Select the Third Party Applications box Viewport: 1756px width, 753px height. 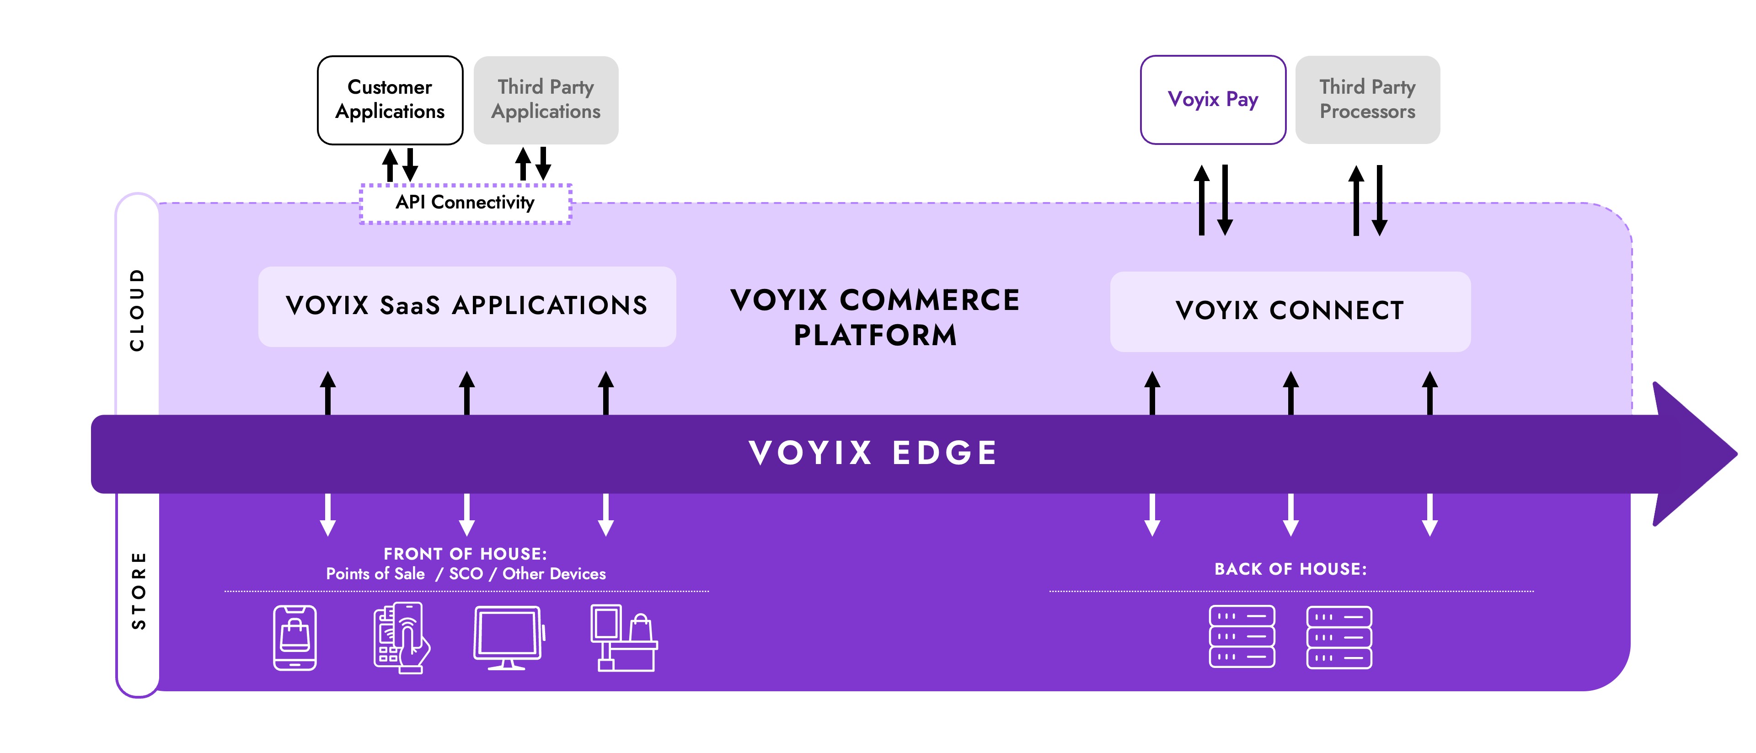tap(546, 100)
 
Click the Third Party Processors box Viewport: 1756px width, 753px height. tap(1367, 100)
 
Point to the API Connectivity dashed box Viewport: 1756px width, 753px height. tap(465, 203)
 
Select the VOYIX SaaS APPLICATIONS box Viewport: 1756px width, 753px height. tap(466, 306)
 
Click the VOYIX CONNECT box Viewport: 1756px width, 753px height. tap(1289, 311)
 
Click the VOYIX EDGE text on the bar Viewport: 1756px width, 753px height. tap(873, 453)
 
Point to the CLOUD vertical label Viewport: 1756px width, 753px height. tap(138, 310)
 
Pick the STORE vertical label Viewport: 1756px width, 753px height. tap(139, 590)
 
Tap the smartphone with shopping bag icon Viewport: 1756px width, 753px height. tap(294, 638)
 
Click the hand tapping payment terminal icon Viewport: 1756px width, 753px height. tap(401, 638)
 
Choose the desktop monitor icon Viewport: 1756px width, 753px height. tap(508, 638)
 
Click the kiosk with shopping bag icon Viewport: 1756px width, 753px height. tap(623, 638)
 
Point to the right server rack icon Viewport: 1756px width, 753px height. tap(1339, 637)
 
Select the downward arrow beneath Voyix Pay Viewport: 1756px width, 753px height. tap(1225, 201)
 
